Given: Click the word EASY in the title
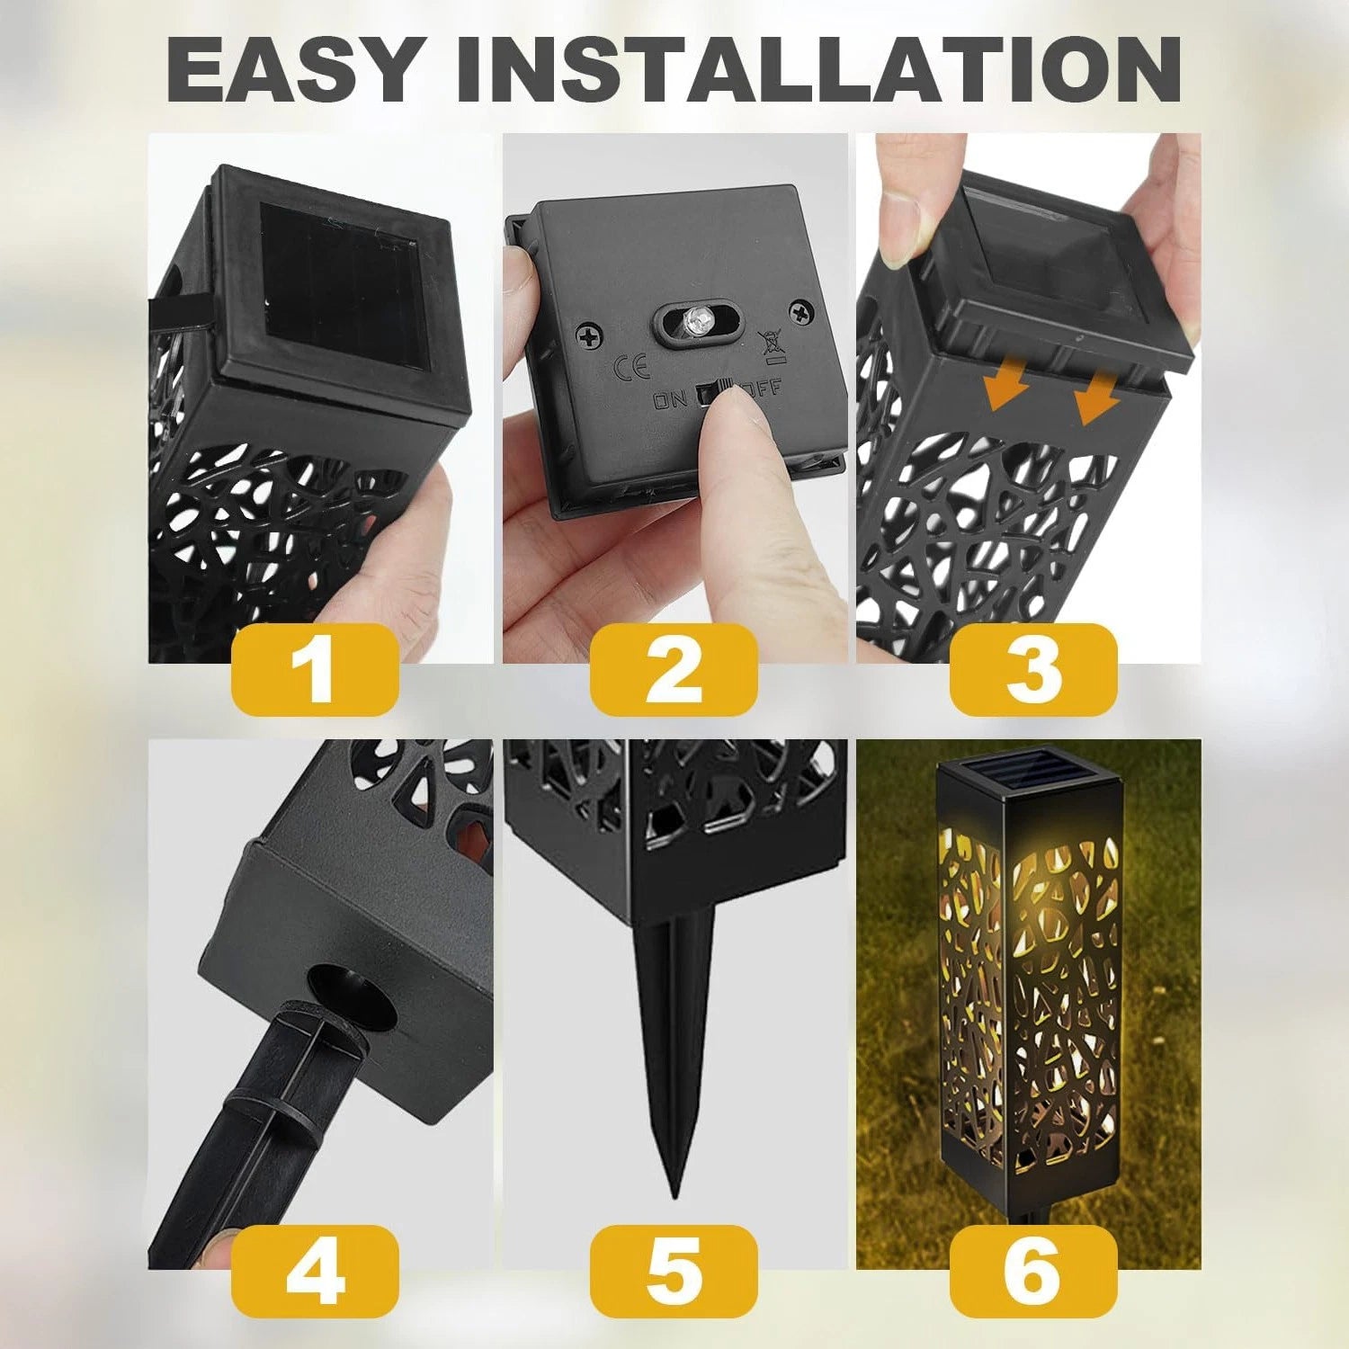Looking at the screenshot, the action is [292, 70].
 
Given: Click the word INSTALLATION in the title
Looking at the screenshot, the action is [818, 70].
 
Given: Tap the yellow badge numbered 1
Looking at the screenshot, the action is [315, 669].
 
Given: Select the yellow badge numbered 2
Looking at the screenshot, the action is [674, 669].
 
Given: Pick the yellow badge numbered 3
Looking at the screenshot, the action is [1033, 669].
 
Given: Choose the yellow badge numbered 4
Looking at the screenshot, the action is [315, 1272].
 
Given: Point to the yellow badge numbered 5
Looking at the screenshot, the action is [674, 1272].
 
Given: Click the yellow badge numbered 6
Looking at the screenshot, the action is [1033, 1272].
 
